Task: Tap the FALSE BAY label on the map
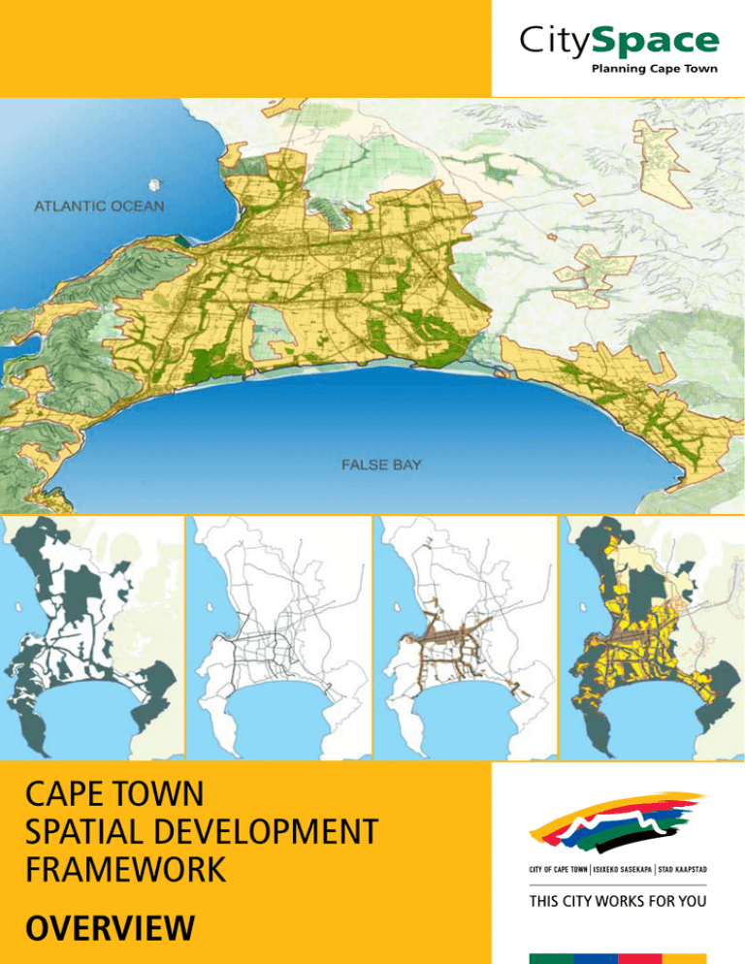pyautogui.click(x=381, y=466)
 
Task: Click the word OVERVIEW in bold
pyautogui.click(x=108, y=931)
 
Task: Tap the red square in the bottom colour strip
pyautogui.click(x=639, y=958)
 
